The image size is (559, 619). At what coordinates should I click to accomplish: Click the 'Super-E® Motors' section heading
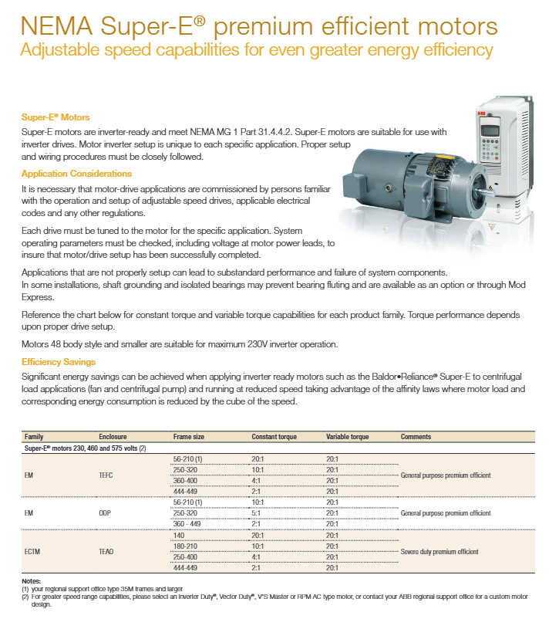click(56, 117)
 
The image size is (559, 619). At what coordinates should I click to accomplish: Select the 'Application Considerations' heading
click(76, 174)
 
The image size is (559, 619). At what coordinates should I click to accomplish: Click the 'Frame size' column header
click(189, 437)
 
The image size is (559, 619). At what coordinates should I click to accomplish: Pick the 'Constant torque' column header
click(274, 437)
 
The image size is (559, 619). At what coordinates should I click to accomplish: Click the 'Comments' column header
click(416, 437)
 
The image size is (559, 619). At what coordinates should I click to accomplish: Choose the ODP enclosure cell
click(106, 512)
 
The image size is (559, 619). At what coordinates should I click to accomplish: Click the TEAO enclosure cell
click(106, 551)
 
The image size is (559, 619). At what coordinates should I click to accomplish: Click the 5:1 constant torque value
click(258, 512)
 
